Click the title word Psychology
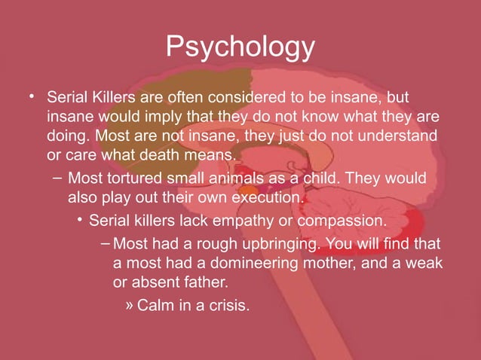click(240, 48)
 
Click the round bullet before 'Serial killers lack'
click(79, 220)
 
